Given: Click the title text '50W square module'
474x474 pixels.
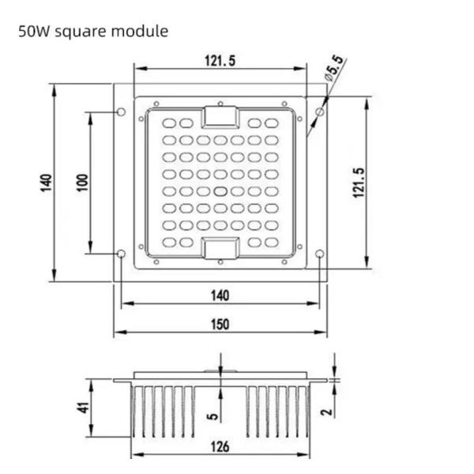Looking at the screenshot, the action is click(93, 32).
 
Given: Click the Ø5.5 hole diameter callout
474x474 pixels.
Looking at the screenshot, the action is click(334, 68).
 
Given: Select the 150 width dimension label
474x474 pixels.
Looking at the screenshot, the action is click(220, 325).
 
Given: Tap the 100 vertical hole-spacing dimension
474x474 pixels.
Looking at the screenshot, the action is click(82, 182).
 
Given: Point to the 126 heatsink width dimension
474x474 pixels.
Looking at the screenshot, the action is click(220, 447).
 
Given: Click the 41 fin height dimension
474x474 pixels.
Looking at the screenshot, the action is click(84, 408).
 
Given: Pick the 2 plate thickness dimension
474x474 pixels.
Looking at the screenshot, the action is click(327, 412).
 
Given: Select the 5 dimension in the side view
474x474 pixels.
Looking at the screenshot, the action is click(213, 416).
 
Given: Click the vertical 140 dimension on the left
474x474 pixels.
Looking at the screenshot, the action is click(46, 182).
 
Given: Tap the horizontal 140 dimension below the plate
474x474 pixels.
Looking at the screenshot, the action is click(220, 295).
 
